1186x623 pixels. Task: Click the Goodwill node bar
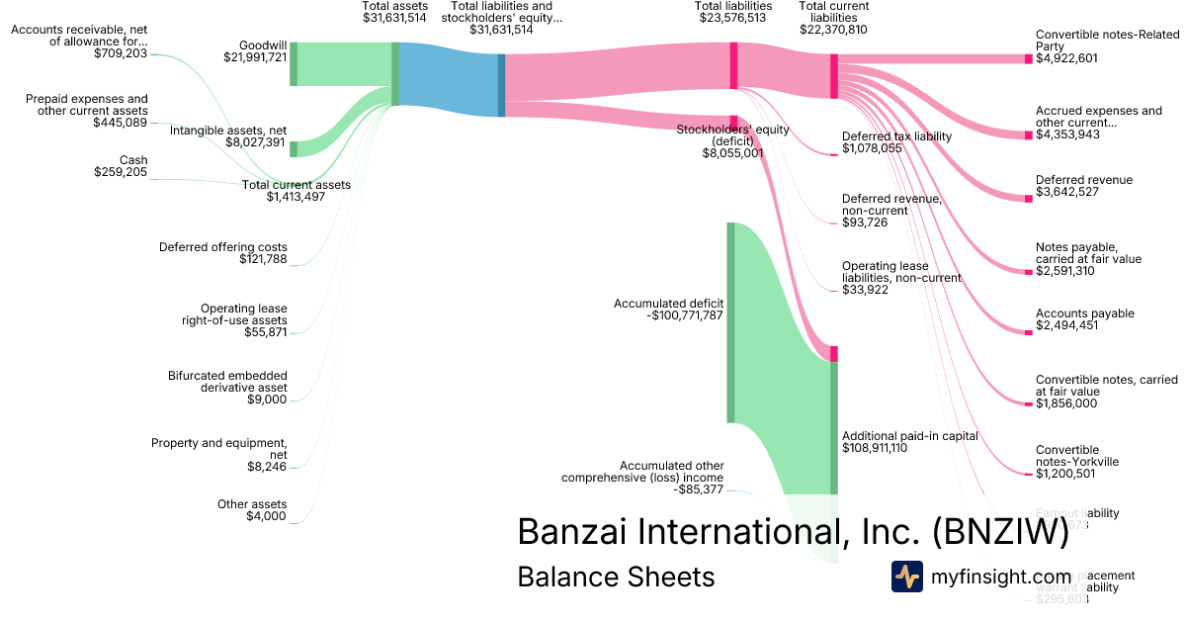pyautogui.click(x=294, y=64)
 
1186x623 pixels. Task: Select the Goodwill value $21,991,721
pyautogui.click(x=255, y=57)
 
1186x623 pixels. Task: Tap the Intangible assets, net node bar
pyautogui.click(x=294, y=149)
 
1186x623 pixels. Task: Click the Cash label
pyautogui.click(x=133, y=159)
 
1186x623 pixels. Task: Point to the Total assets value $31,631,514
pyautogui.click(x=394, y=18)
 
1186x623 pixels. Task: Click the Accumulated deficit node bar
pyautogui.click(x=730, y=322)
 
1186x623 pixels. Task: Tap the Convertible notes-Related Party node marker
pyautogui.click(x=1028, y=58)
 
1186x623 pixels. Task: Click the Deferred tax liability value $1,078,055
pyautogui.click(x=872, y=148)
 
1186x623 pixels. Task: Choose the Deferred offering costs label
pyautogui.click(x=223, y=247)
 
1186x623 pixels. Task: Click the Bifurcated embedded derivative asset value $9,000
pyautogui.click(x=267, y=400)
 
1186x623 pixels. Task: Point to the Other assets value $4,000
pyautogui.click(x=266, y=516)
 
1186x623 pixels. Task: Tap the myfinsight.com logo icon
pyautogui.click(x=906, y=577)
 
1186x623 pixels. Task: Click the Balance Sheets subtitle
pyautogui.click(x=616, y=577)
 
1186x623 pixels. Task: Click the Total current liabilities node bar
pyautogui.click(x=834, y=76)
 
